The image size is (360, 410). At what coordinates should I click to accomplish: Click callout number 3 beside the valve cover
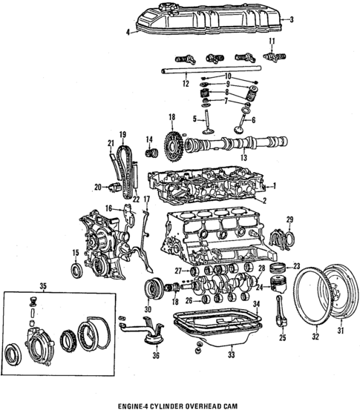(x=292, y=19)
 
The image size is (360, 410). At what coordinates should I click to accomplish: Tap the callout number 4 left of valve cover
(x=128, y=32)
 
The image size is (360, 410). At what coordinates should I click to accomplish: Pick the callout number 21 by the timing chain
(x=110, y=143)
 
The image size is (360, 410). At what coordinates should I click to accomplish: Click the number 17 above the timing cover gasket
(x=146, y=199)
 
